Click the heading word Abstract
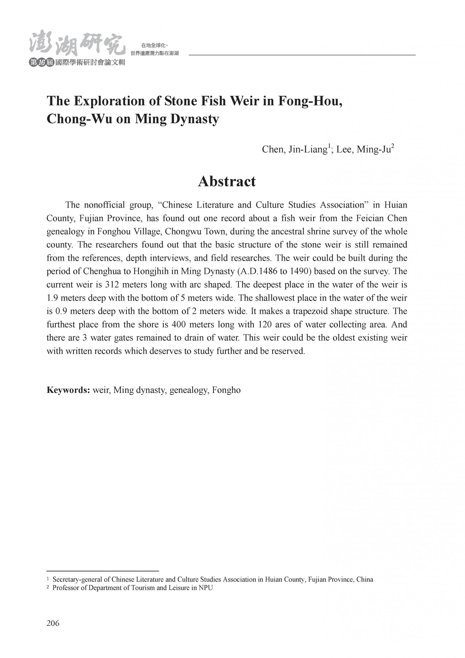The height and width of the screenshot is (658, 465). point(227,181)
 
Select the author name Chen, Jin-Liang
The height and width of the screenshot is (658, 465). point(295,149)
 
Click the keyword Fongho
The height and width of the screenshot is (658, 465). point(226,390)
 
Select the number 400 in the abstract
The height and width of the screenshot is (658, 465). point(177,324)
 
